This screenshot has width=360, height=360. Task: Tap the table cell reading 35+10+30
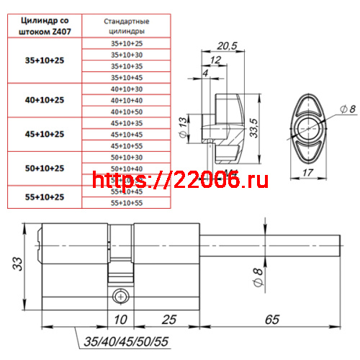127,55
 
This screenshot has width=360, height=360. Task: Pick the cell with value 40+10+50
127,112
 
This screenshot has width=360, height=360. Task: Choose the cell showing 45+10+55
127,145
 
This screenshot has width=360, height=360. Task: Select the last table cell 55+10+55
127,203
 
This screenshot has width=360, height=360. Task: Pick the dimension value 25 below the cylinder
168,317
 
